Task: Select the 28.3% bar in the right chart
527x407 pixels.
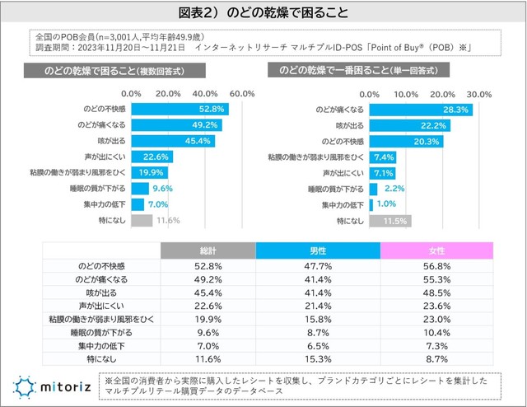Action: click(421, 109)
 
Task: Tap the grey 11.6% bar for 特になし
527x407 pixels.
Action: click(141, 221)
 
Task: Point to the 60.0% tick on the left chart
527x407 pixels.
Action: click(243, 93)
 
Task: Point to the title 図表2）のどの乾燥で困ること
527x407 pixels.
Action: click(263, 13)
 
